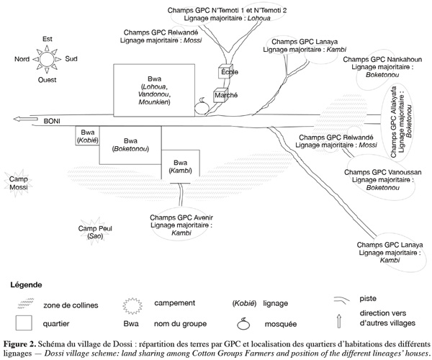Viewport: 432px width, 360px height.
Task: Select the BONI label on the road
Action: point(52,121)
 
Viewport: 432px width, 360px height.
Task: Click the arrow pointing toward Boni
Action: point(25,120)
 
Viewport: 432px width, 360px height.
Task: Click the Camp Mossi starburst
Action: point(18,183)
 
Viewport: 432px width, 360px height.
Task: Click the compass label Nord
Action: point(22,59)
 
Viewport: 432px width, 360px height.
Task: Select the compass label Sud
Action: point(71,58)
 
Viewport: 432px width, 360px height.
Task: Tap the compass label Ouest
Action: point(47,80)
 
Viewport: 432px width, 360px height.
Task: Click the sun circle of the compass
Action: point(47,59)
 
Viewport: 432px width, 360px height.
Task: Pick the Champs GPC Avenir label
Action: point(181,217)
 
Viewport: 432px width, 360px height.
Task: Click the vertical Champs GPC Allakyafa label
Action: point(393,122)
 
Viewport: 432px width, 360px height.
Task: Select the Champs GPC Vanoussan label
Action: point(383,172)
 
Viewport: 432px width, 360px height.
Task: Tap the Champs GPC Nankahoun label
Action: point(382,59)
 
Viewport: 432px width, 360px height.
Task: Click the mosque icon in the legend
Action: point(243,323)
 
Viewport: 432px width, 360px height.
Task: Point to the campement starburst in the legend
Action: point(132,305)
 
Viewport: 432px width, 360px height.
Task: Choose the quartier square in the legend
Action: point(24,323)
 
